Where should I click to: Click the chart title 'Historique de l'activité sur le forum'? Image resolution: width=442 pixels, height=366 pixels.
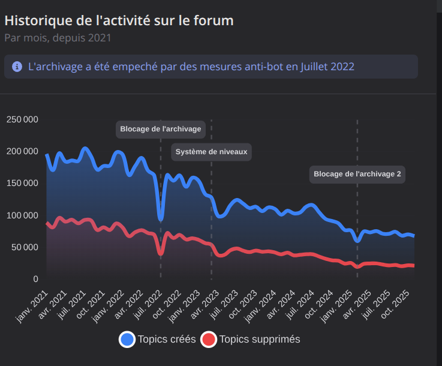(x=119, y=20)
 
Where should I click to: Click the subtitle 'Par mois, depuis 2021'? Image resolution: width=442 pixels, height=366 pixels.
(x=58, y=38)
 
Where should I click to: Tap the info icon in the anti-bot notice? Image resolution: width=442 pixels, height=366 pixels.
(x=17, y=67)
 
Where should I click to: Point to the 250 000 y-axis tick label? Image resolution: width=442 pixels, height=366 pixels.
(x=22, y=119)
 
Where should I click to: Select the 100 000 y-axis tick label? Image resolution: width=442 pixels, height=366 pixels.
(x=22, y=215)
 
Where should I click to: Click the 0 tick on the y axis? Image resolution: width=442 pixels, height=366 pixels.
(x=35, y=279)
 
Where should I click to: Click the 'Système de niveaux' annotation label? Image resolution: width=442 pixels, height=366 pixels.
(x=211, y=152)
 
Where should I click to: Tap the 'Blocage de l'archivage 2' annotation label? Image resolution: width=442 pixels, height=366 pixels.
(x=357, y=175)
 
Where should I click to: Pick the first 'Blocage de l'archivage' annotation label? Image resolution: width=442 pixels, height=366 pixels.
(x=160, y=129)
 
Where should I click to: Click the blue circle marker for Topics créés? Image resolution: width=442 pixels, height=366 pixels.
(x=127, y=340)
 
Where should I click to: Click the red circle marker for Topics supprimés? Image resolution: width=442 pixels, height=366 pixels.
(x=208, y=340)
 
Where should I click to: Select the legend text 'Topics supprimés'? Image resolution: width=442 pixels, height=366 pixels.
(x=260, y=340)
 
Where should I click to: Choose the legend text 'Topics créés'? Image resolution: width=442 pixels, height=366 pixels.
(x=167, y=340)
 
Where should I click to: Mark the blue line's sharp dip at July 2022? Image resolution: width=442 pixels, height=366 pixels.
(x=160, y=219)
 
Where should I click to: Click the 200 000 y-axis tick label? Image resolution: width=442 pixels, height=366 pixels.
(x=22, y=151)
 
